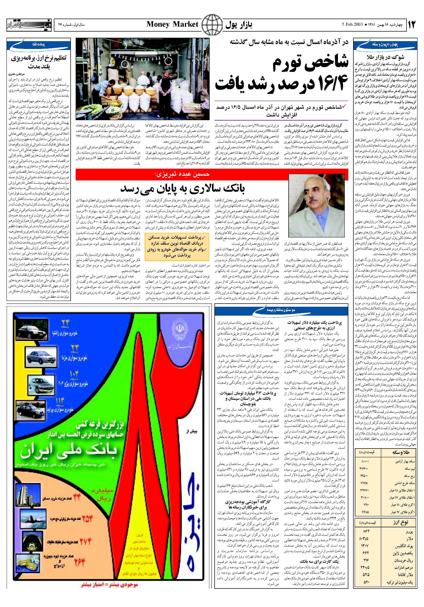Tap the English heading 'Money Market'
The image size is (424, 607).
[172, 24]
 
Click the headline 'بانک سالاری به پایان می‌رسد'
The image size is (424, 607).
[182, 188]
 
